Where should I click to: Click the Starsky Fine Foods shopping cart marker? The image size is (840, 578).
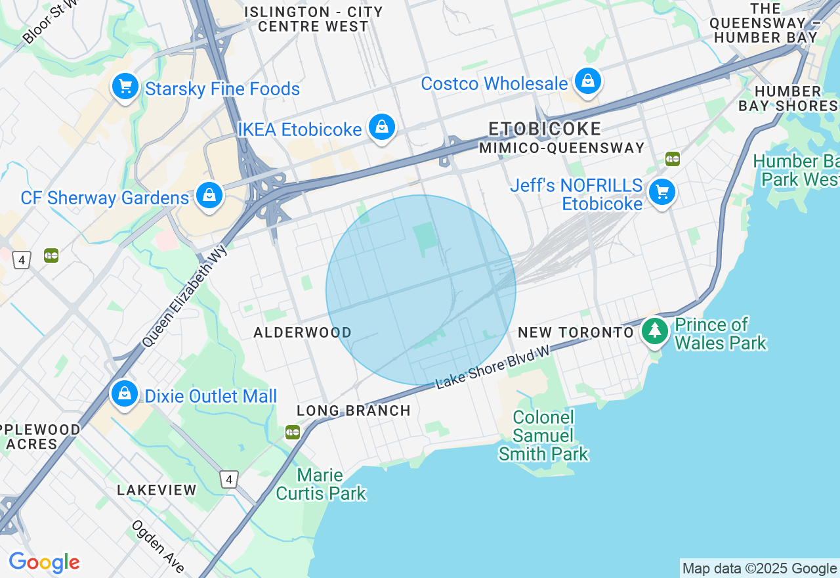[x=125, y=87]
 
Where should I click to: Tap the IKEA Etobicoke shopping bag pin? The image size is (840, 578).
[x=381, y=127]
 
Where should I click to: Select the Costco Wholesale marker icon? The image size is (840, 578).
[x=588, y=81]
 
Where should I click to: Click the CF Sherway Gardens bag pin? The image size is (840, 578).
[x=209, y=196]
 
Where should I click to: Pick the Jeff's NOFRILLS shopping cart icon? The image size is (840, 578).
[x=661, y=192]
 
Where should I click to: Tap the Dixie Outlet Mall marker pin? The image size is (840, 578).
[x=124, y=393]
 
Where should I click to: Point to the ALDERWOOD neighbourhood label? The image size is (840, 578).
[x=303, y=332]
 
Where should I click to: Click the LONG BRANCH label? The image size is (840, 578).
[x=354, y=411]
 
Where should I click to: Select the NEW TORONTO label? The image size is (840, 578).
[x=576, y=332]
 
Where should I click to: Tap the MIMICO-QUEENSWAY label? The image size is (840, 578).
[x=562, y=148]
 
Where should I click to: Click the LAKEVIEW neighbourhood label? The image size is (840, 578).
[x=157, y=490]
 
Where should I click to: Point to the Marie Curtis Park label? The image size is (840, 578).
[x=321, y=484]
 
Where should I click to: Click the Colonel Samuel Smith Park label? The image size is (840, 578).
[x=543, y=435]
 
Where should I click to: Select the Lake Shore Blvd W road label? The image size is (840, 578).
[x=493, y=368]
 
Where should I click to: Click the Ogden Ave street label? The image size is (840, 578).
[x=158, y=545]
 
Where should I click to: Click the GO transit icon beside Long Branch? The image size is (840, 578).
[x=293, y=432]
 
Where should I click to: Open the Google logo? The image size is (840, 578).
[x=44, y=563]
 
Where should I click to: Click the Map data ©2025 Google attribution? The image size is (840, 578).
[x=759, y=569]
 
